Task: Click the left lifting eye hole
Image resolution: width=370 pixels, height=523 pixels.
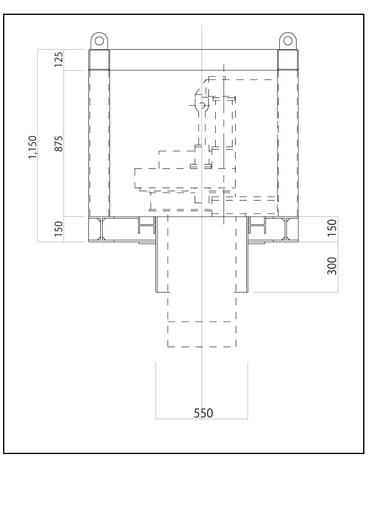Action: point(99,41)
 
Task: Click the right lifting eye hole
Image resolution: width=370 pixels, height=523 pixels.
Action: point(288,41)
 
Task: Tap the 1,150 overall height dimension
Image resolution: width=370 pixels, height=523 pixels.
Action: point(32,147)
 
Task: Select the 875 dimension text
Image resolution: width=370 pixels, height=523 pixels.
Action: point(58,143)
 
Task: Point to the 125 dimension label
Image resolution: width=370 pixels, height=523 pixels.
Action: point(58,60)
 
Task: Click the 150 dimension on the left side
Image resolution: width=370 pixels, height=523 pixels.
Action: point(58,229)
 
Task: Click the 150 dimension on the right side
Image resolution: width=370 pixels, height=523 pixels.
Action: point(332,228)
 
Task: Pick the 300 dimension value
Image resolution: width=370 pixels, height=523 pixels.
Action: point(332,266)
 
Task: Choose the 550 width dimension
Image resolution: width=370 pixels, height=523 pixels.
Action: point(203,413)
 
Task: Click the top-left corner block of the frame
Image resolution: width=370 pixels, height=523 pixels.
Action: point(99,60)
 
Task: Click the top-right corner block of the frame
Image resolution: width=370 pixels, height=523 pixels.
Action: point(288,60)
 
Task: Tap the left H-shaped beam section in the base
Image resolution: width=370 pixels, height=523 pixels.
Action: point(147,225)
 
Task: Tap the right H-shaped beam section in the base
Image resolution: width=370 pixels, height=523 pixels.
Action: point(257,225)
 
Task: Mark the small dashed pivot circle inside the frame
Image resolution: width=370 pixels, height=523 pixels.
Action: point(201,106)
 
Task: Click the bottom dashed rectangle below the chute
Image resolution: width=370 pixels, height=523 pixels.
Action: point(201,334)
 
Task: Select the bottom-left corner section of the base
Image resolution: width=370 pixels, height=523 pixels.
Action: point(95,229)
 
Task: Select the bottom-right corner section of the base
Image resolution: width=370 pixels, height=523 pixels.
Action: point(292,229)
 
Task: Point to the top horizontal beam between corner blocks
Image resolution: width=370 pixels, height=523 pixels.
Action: point(193,60)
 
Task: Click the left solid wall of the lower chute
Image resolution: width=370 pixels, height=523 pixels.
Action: point(156,254)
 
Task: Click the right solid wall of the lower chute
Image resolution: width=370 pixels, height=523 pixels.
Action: point(247,254)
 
